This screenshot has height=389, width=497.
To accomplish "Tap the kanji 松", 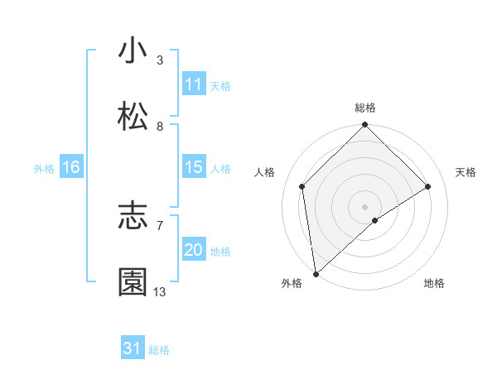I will (133, 117).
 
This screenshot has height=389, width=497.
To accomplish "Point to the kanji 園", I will (133, 282).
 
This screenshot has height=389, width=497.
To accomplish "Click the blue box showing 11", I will (194, 84).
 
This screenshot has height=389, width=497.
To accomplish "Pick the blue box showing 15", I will (194, 167).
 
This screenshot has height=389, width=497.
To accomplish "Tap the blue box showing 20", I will (194, 250).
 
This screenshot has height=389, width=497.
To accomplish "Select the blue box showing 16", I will (71, 167).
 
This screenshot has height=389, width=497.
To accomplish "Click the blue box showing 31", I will (133, 348).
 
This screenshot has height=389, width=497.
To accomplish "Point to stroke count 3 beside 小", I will (160, 60).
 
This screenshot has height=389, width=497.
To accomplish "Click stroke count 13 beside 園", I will (160, 292).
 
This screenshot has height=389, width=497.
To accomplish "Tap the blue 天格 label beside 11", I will (220, 85).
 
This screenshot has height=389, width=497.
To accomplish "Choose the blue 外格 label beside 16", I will (44, 168).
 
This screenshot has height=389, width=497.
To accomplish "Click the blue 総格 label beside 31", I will (159, 349).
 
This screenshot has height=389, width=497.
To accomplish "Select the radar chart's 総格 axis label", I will (365, 108).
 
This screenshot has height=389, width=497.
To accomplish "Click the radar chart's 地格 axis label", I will (434, 284).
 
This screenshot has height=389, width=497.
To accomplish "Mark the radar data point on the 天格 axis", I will (428, 186).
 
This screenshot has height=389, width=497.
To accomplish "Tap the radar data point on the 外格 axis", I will (316, 273).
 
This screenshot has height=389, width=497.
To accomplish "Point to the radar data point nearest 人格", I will (302, 186).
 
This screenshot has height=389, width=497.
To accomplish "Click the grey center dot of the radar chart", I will (365, 206).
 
